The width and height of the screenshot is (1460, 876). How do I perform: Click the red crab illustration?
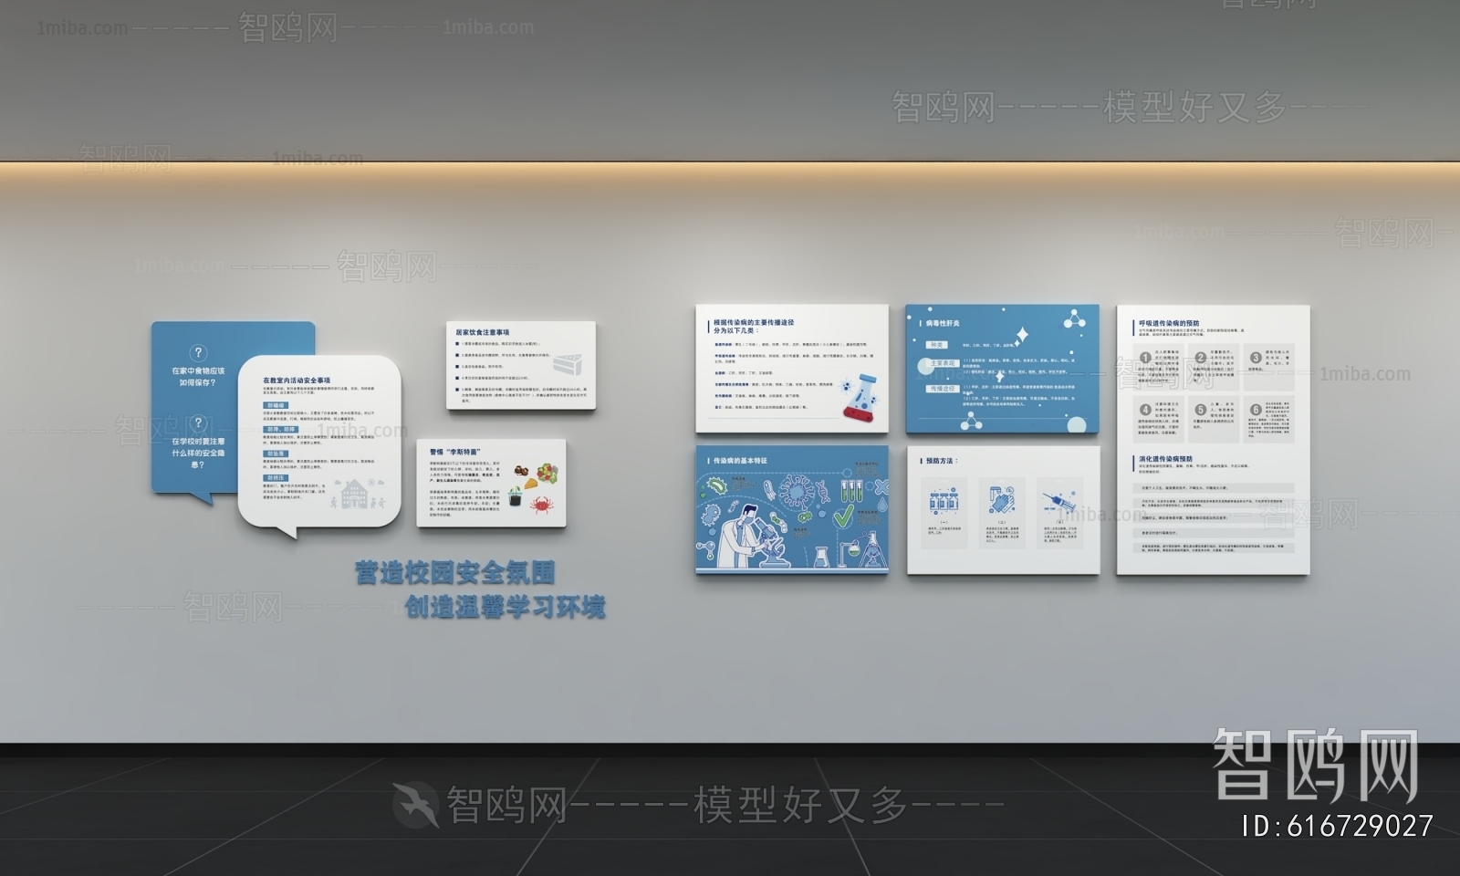coord(539,505)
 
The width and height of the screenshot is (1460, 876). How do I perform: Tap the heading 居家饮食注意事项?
coord(483,332)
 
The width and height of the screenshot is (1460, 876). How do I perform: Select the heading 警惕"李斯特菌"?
coord(454,452)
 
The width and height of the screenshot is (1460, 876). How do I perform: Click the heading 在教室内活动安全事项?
coord(297,381)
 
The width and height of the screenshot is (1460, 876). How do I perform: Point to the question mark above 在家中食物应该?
coord(198,353)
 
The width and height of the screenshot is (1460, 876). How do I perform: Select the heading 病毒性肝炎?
coord(943,323)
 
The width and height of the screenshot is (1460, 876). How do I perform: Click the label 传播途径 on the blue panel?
coord(943,389)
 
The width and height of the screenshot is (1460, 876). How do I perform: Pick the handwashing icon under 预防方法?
coord(1001,501)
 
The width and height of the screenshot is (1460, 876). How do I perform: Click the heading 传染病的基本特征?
coord(740,461)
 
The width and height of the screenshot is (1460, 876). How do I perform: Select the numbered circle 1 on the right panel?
coord(1144,358)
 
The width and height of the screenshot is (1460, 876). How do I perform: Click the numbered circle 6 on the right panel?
coord(1256,410)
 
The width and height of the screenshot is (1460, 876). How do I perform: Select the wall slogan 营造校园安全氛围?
coord(455,573)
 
